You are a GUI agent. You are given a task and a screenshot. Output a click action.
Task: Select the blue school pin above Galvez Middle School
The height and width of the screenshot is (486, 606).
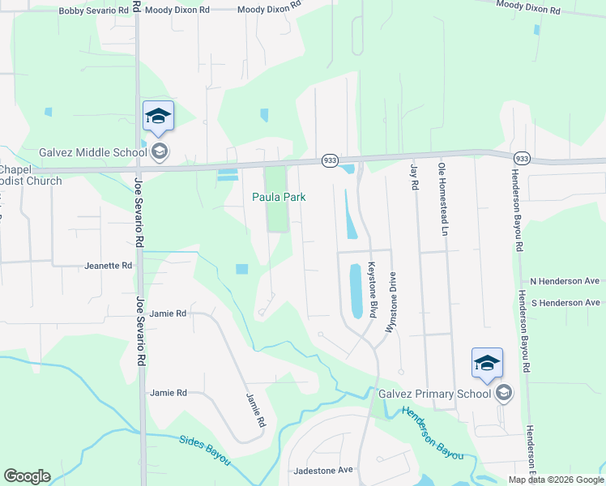tap(158, 117)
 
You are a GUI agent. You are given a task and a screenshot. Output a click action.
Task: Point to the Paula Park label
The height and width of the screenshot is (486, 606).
tap(278, 197)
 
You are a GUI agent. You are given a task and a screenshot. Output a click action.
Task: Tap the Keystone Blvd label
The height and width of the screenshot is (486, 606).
tap(373, 288)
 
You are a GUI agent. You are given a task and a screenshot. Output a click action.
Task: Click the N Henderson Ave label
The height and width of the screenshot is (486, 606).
tap(565, 281)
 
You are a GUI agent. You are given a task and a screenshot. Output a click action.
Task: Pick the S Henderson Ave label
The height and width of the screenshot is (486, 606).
tap(565, 302)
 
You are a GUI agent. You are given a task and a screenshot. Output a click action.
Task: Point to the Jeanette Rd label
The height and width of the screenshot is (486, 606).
tap(108, 266)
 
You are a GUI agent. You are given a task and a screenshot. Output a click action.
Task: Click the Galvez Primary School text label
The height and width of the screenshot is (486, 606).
tap(435, 394)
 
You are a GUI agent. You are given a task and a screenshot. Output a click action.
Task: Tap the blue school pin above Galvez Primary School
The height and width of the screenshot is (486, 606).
tap(487, 365)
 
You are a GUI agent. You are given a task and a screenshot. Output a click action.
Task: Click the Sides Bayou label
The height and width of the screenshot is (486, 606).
tap(204, 450)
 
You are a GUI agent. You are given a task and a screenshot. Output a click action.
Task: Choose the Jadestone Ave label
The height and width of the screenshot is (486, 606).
tap(323, 470)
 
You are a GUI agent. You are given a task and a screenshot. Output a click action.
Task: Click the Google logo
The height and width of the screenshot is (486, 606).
tap(27, 476)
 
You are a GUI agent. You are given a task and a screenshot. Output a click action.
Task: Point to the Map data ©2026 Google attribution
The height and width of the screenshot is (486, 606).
tap(555, 480)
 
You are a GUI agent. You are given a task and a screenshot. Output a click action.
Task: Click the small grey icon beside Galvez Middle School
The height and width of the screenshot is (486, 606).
tap(160, 151)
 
